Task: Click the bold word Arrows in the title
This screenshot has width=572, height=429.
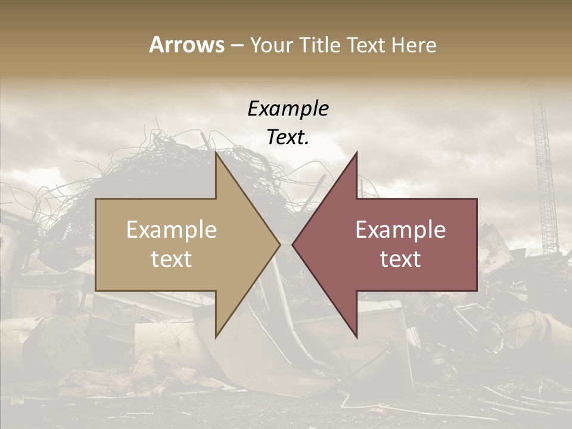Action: (x=186, y=45)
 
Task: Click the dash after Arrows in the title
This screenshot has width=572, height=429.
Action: (x=237, y=46)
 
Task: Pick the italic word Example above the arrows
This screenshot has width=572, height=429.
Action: (x=288, y=109)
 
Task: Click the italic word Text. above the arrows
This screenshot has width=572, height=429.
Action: (x=288, y=138)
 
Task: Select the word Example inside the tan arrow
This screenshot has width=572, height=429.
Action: (x=172, y=230)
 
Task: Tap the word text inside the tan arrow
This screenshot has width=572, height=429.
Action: (x=172, y=259)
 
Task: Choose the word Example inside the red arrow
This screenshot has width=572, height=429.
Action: (x=400, y=230)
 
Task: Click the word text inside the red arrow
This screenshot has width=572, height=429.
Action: (x=400, y=259)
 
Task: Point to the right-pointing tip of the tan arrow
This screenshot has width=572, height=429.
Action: (x=279, y=245)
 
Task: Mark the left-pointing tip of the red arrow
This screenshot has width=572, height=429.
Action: (x=293, y=245)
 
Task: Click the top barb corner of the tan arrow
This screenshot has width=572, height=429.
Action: (x=216, y=153)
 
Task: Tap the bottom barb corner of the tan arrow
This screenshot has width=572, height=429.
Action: (x=216, y=337)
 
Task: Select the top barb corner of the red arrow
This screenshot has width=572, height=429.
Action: (x=356, y=153)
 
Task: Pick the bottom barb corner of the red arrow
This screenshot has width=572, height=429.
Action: (x=356, y=337)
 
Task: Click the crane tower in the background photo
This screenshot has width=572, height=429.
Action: (x=543, y=173)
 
